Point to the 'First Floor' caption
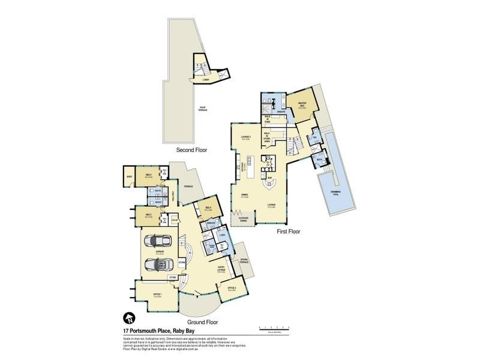point(287,231)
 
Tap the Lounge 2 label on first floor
point(245,137)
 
